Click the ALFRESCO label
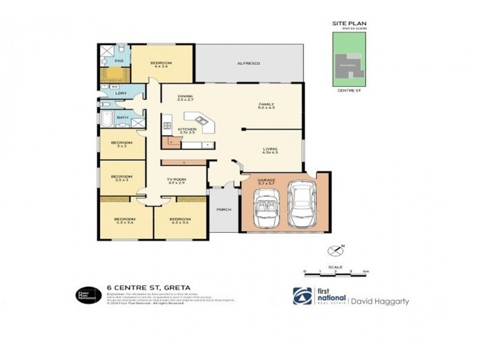click(248, 63)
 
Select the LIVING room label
click(271, 149)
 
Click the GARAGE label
click(266, 179)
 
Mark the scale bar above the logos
click(335, 272)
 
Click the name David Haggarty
click(379, 301)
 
